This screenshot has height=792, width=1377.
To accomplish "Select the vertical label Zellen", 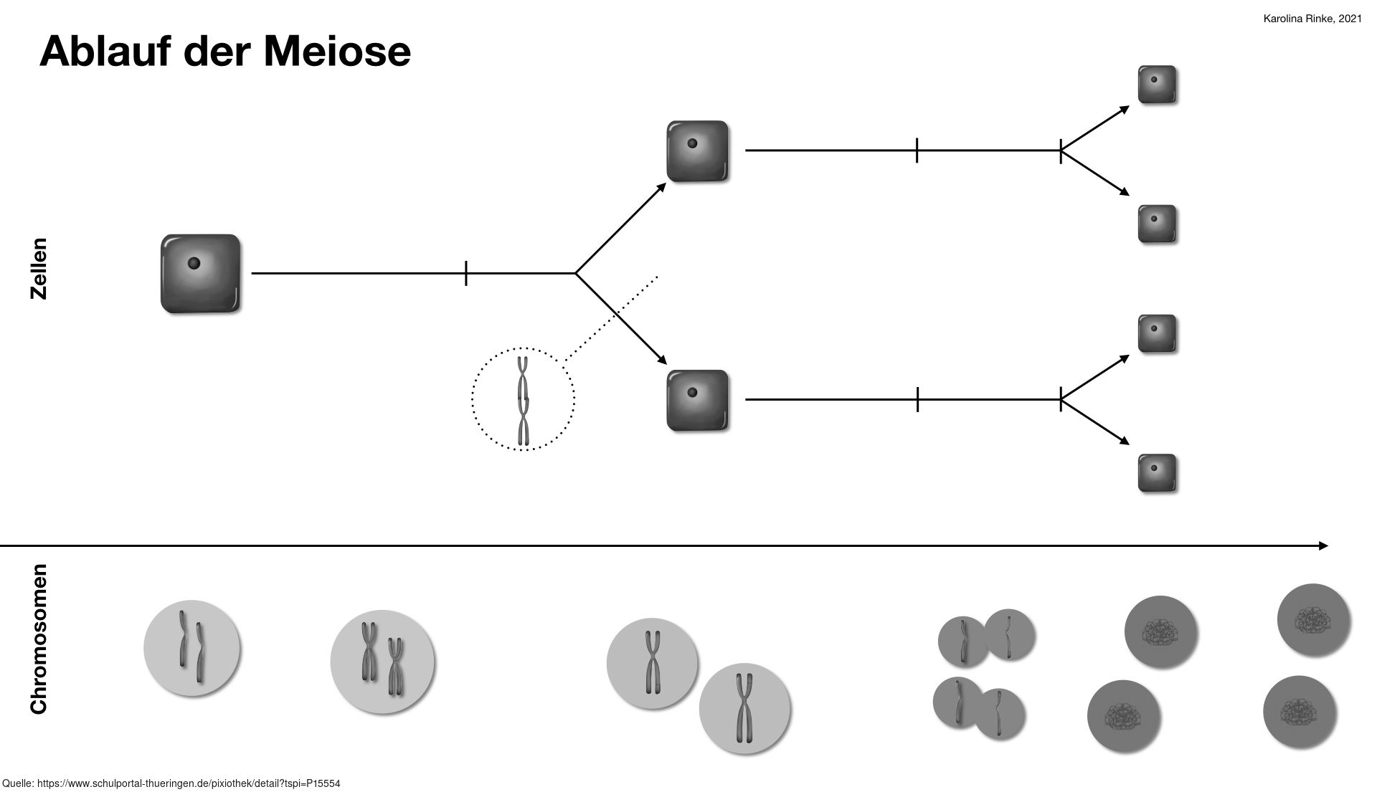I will [x=38, y=269].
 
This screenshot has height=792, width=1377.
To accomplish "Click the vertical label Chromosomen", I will [x=38, y=639].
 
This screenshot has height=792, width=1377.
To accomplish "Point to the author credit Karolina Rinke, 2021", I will [x=1312, y=19].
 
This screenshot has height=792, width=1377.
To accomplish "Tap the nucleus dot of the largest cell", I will [x=194, y=264].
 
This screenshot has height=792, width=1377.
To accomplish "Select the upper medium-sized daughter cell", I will [x=697, y=151].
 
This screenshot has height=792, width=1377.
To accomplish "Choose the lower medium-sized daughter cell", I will [x=697, y=400].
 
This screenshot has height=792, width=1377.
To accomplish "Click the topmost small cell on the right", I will [x=1157, y=85].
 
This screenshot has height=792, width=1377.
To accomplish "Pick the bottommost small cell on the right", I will [x=1157, y=473].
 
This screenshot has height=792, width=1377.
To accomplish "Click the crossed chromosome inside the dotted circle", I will [x=524, y=399].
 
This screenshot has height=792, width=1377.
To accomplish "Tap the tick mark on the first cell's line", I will [x=466, y=273].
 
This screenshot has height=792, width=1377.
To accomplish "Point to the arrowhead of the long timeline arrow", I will [x=1323, y=546].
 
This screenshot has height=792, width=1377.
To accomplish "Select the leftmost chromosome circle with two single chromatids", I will [x=192, y=648].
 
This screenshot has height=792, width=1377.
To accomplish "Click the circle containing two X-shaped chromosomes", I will [x=382, y=662].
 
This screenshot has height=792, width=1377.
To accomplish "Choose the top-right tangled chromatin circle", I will [x=1314, y=620].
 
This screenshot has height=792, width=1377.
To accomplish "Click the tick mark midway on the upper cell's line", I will [x=917, y=151].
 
